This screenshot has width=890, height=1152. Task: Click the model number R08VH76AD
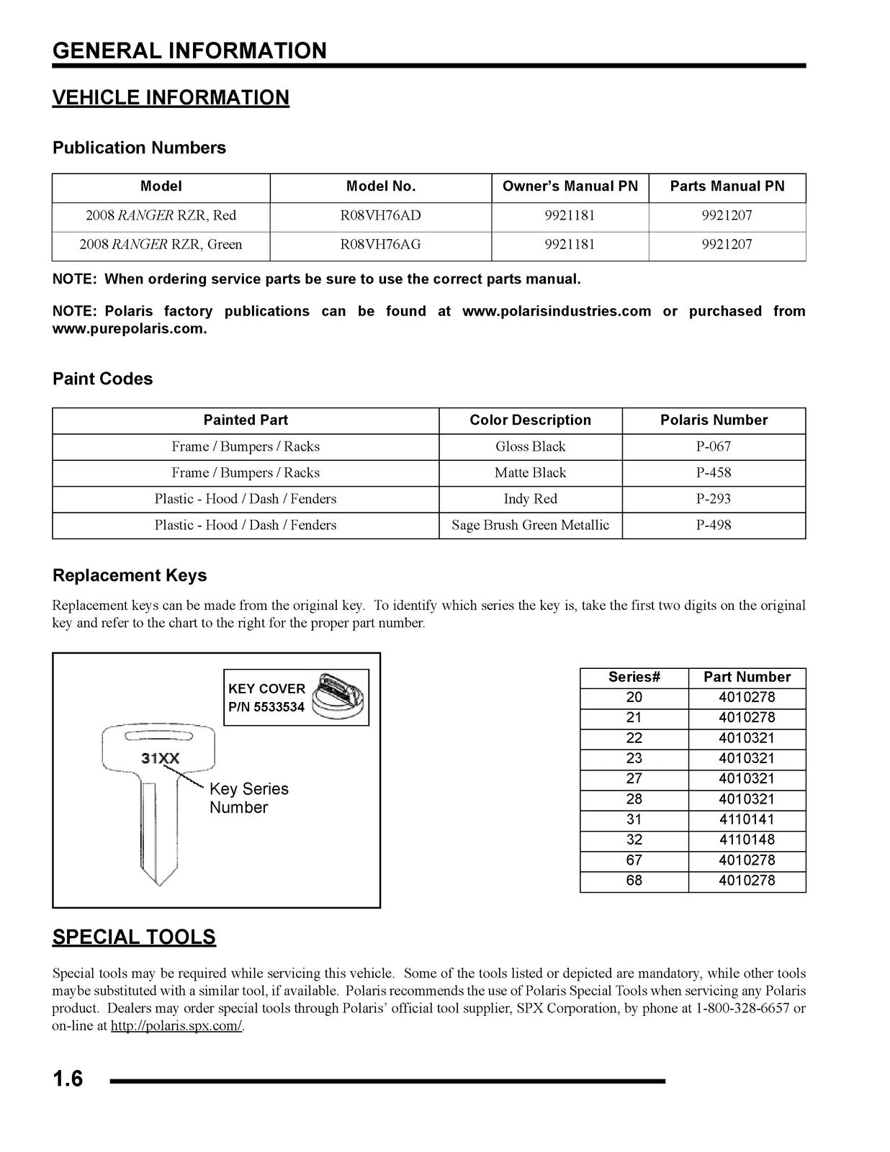(380, 215)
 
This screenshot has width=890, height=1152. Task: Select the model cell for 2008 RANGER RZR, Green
(161, 245)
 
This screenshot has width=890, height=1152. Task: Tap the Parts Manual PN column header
(727, 186)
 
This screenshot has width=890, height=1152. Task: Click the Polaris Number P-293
(713, 499)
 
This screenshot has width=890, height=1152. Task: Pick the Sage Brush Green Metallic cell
(530, 526)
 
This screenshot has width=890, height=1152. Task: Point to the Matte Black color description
(530, 473)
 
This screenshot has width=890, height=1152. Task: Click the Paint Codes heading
(102, 379)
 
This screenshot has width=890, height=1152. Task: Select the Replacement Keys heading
(129, 575)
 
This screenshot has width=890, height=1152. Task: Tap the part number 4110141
(747, 819)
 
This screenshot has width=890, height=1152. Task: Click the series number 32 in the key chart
(634, 840)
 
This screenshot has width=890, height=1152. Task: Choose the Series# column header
(634, 677)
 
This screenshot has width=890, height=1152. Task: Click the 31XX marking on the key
(160, 758)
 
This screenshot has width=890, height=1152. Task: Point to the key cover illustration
(341, 696)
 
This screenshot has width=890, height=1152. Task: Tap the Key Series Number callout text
(248, 798)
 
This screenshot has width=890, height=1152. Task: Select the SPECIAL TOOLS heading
(134, 937)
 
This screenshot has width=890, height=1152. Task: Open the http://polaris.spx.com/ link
(176, 1026)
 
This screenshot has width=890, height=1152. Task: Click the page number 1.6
(68, 1079)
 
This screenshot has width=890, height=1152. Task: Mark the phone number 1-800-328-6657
(742, 1009)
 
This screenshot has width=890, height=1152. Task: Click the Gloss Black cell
(530, 447)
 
